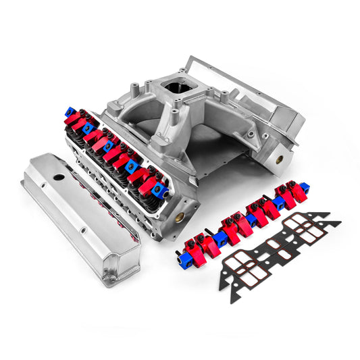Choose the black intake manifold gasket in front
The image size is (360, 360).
coord(277,247)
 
